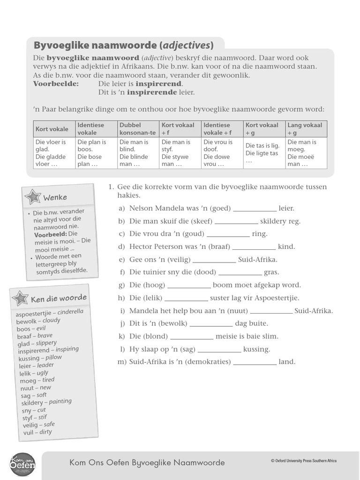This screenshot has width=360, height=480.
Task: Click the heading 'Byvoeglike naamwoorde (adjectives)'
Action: pyautogui.click(x=123, y=45)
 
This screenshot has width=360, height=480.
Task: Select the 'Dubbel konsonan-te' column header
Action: pyautogui.click(x=138, y=129)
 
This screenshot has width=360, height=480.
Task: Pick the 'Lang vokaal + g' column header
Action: pyautogui.click(x=306, y=129)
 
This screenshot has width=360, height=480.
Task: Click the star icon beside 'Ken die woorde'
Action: pyautogui.click(x=21, y=298)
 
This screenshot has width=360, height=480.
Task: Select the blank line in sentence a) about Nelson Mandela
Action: pyautogui.click(x=255, y=209)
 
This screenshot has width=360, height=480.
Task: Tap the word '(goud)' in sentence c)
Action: pyautogui.click(x=194, y=234)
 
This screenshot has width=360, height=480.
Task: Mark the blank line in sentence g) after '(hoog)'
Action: pyautogui.click(x=189, y=285)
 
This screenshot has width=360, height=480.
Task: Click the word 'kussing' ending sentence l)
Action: pyautogui.click(x=257, y=349)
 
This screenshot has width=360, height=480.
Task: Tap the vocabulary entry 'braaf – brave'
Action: pyautogui.click(x=35, y=337)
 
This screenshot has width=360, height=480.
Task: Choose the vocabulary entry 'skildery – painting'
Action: pyautogui.click(x=46, y=402)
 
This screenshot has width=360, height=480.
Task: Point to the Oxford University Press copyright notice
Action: pyautogui.click(x=303, y=461)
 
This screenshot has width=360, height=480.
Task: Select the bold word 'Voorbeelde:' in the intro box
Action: pyautogui.click(x=56, y=84)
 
